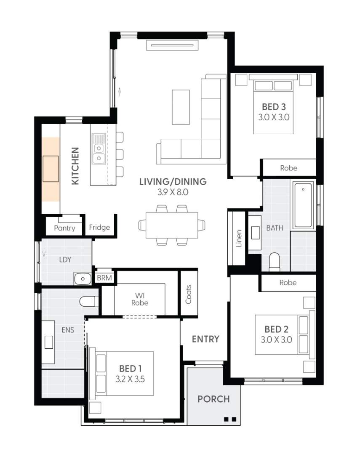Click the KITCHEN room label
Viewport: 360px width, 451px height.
[x=75, y=166]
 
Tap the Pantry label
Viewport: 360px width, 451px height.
[x=64, y=228]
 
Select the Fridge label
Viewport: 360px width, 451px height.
[x=100, y=228]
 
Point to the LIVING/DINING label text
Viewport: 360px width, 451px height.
[x=173, y=182]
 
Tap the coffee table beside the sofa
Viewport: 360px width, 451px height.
[x=181, y=107]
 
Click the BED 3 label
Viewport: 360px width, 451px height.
[x=274, y=107]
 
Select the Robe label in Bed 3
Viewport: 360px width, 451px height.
[x=288, y=168]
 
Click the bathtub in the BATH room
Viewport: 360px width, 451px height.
[x=304, y=205]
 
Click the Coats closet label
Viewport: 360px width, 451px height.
[x=188, y=294]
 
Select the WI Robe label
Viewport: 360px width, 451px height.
[x=139, y=299]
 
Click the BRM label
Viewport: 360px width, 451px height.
[x=104, y=278]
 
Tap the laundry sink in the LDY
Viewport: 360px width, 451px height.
[x=82, y=278]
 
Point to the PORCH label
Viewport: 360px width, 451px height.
[x=214, y=399]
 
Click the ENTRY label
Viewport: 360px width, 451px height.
[x=205, y=339]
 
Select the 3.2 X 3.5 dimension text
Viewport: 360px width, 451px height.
[x=130, y=379]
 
